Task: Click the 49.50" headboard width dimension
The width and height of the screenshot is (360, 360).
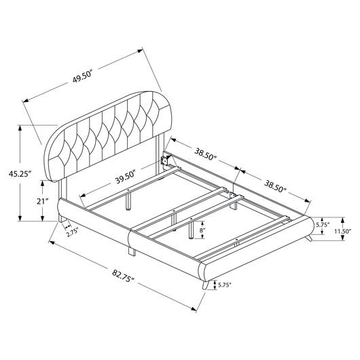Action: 82,77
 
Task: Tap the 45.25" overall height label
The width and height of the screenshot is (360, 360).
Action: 20,174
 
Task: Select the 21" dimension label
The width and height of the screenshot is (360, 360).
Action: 43,201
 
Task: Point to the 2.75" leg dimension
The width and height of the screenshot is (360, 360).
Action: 72,232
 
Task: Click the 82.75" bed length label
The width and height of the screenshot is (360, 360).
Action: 123,276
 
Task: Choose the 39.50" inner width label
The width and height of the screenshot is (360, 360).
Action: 126,177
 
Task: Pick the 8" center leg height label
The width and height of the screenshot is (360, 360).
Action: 202,230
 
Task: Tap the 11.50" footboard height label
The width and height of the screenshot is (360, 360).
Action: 342,231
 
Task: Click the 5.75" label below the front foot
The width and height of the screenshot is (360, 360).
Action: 224,285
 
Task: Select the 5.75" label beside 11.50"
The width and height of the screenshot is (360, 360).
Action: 323,225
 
